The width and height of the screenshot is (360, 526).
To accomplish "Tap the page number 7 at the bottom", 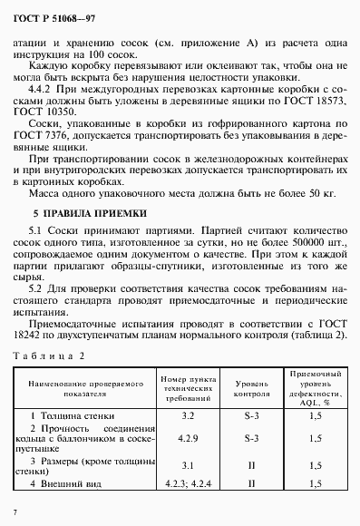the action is click(16, 515).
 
